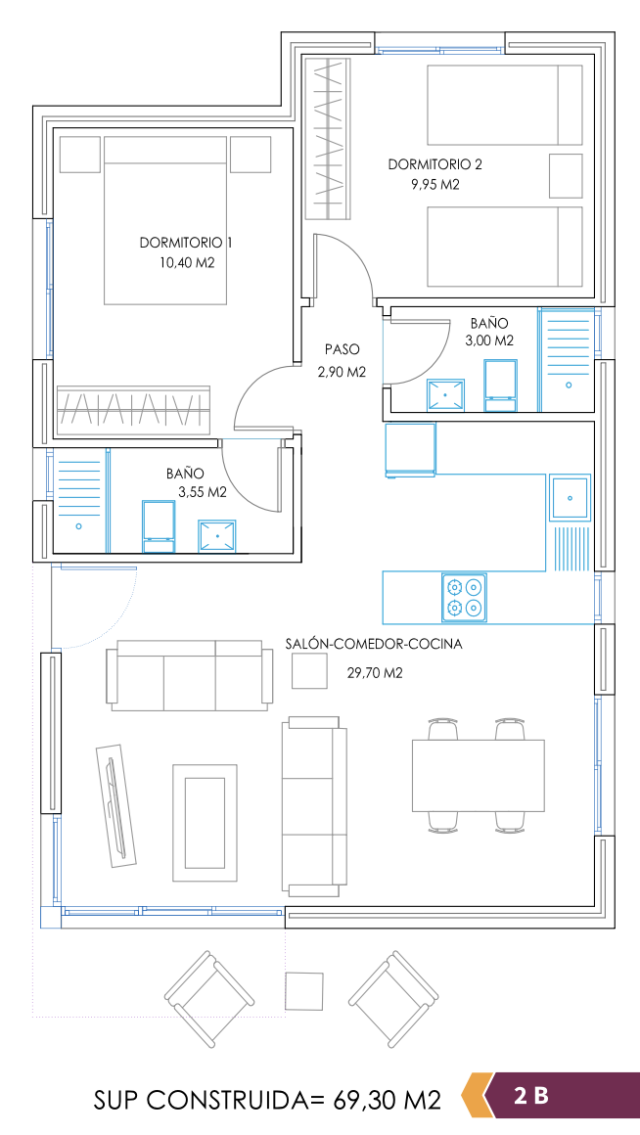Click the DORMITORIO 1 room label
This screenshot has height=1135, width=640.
coord(186,243)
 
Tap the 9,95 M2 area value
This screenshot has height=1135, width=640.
coord(435,185)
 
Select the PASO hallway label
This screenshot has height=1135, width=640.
coord(342,349)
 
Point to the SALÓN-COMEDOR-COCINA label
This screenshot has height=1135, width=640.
coord(374,644)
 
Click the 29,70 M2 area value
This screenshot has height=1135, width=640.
coord(375,673)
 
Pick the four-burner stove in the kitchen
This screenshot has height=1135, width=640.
coord(464,597)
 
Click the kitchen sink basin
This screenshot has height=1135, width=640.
coord(570,497)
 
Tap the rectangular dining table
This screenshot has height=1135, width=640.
coord(478,775)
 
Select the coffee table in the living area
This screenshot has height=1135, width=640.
coord(205,823)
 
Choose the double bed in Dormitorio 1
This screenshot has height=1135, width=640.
coord(166,220)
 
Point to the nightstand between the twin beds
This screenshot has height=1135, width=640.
coord(567,175)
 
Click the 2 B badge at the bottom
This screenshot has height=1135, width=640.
coord(531,1095)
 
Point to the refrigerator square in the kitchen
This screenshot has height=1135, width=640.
coord(410,450)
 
